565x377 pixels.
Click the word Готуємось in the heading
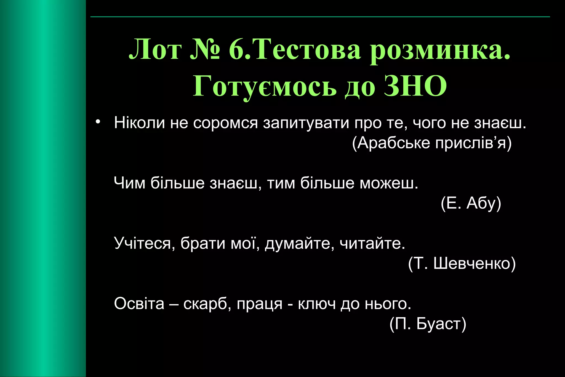click(x=265, y=86)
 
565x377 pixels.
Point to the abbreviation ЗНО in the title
click(x=415, y=86)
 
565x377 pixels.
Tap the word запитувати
click(x=306, y=123)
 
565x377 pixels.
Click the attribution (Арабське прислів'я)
click(x=432, y=143)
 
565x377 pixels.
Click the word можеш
click(x=389, y=183)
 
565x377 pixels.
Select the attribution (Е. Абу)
click(x=471, y=203)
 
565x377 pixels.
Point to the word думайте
click(x=300, y=244)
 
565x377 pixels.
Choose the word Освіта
click(x=139, y=304)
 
